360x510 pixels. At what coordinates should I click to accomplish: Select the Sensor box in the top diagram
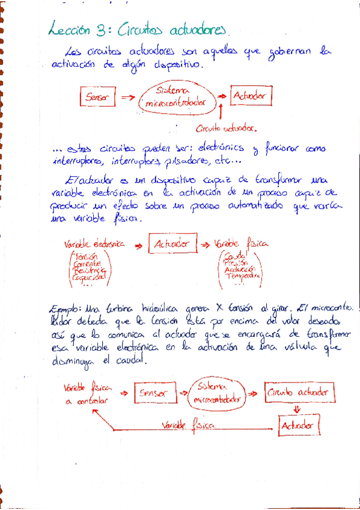pos(97,96)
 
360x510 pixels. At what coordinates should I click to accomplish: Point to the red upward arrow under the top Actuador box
pos(222,112)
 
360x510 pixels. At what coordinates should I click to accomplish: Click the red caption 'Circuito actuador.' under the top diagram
pos(226,128)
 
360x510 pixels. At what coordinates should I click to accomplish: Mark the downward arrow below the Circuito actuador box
pos(296,409)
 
